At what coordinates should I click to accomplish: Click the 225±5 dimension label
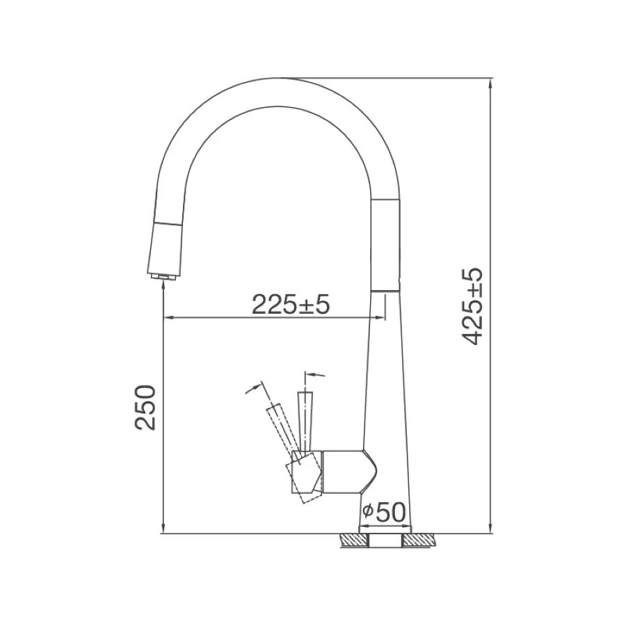click(290, 305)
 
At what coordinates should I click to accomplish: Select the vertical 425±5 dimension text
click(474, 306)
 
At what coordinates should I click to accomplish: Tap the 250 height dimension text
click(147, 407)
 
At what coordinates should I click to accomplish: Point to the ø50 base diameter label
click(382, 513)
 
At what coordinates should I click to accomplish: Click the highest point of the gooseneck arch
click(278, 78)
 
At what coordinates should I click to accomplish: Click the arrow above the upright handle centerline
click(319, 375)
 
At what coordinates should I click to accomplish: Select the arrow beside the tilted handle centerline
click(251, 388)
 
